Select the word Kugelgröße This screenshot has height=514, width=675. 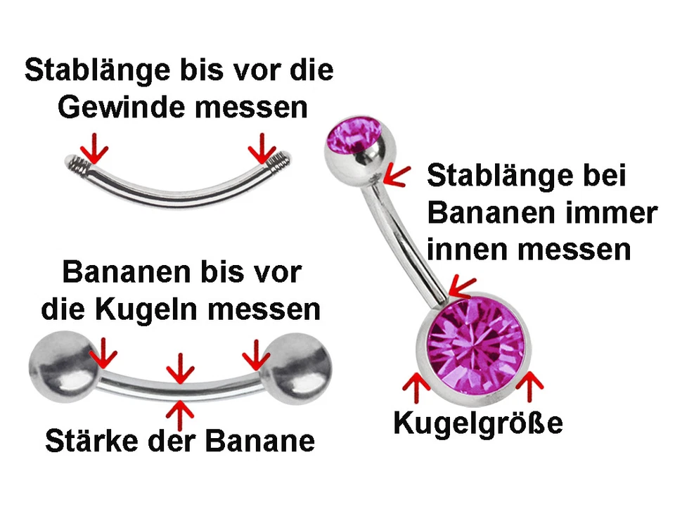pyautogui.click(x=478, y=423)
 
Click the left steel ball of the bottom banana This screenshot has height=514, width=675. pyautogui.click(x=62, y=365)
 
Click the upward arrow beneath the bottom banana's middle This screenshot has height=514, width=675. pyautogui.click(x=181, y=412)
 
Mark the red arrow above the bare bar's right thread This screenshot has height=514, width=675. pyautogui.click(x=263, y=147)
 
